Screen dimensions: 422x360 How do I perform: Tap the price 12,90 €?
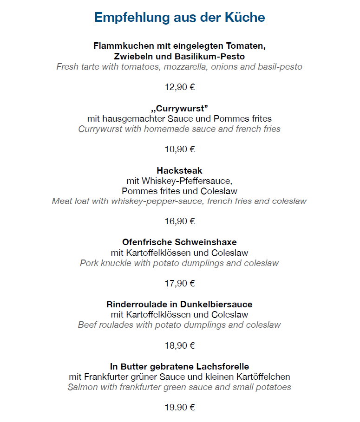(179, 87)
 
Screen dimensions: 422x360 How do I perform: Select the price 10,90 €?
(179, 149)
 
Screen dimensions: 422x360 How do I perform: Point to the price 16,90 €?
(179, 221)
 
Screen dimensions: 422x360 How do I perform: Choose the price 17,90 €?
(179, 283)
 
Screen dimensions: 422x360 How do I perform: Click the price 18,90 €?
(179, 345)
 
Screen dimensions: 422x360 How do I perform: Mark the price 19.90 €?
(179, 408)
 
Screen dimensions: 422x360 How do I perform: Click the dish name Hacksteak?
(179, 170)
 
